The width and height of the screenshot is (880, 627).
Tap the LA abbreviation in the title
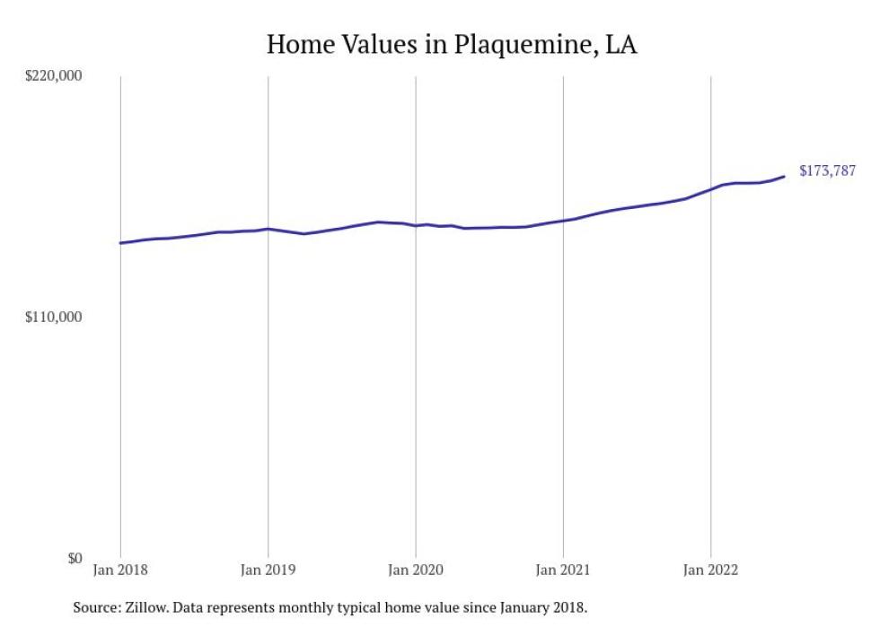[620, 44]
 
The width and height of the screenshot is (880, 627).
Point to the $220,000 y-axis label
[52, 75]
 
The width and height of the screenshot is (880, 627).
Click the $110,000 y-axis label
[52, 318]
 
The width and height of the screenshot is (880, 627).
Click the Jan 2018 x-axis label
[120, 569]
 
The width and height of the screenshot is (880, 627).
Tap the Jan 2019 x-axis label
[268, 569]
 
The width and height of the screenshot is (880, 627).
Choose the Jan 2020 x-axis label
[415, 569]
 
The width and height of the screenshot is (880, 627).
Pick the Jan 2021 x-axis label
[563, 569]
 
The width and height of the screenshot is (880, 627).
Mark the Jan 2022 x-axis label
[710, 569]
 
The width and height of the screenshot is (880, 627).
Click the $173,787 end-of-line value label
[827, 170]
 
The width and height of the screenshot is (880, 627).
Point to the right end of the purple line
[784, 176]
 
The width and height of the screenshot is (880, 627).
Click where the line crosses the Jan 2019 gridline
[268, 229]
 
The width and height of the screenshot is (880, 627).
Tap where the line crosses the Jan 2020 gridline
[415, 225]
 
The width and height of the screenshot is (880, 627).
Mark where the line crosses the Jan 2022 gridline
[711, 189]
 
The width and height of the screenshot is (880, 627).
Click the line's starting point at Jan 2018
[120, 243]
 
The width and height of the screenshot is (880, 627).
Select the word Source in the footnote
[93, 607]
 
